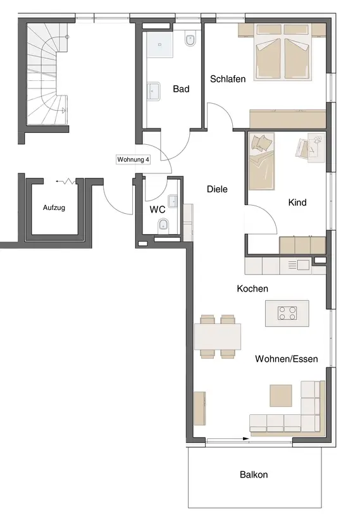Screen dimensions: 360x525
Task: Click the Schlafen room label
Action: [x=228, y=79]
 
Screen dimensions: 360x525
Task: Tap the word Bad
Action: [x=181, y=89]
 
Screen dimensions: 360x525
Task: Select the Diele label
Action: [x=217, y=189]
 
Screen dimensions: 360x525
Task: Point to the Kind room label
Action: [x=297, y=202]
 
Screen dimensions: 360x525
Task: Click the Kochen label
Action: [x=252, y=288]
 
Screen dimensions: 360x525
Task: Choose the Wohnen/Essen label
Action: [x=287, y=359]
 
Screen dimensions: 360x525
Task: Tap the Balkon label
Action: [x=254, y=475]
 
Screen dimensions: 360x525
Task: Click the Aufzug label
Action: [x=54, y=207]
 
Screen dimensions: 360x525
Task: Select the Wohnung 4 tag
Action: [x=133, y=159]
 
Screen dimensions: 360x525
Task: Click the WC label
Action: [x=158, y=209]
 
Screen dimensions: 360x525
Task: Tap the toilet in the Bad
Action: [x=190, y=39]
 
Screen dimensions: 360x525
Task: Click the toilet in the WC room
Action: [x=163, y=224]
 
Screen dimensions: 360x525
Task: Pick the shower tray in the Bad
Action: [x=159, y=44]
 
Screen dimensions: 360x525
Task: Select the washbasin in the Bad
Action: [x=154, y=90]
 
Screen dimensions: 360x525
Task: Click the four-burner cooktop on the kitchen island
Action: [x=287, y=313]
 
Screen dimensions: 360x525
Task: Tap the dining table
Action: [x=218, y=336]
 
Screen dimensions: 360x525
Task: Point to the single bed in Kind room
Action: [x=261, y=161]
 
